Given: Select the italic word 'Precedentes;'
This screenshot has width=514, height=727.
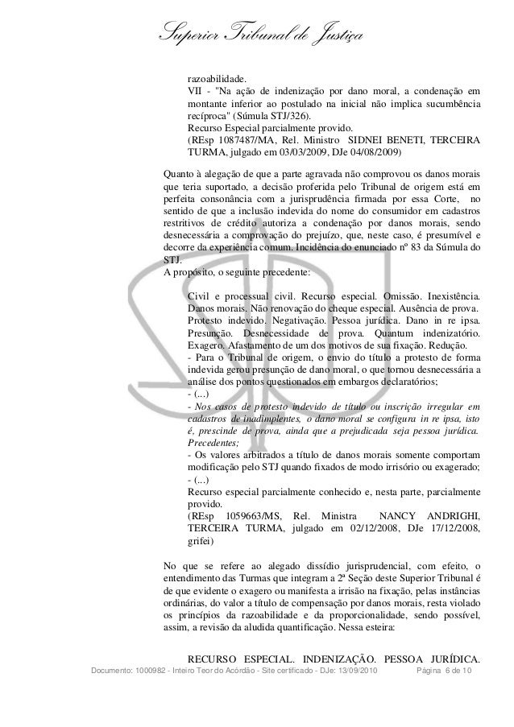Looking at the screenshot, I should pyautogui.click(x=213, y=442).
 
